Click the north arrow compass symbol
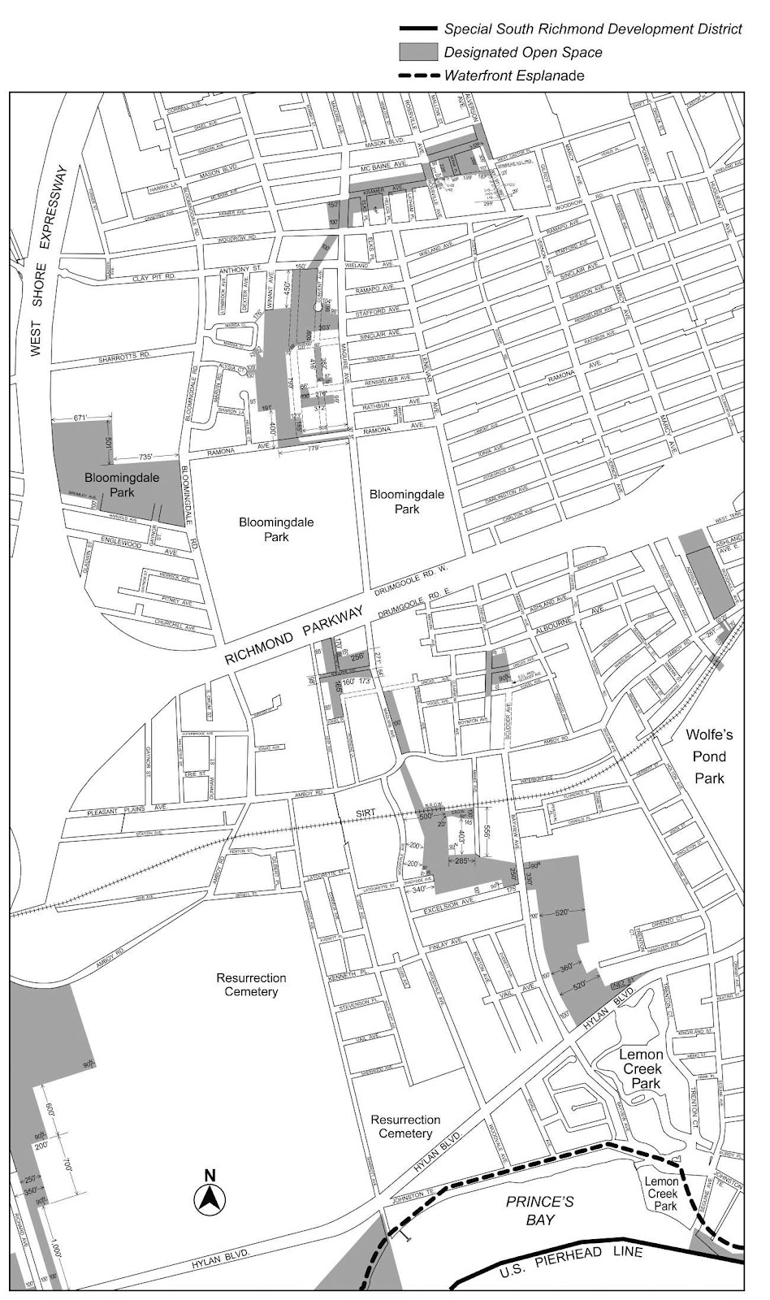coord(210,1198)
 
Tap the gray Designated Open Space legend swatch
coord(417,53)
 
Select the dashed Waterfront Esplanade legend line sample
coord(417,76)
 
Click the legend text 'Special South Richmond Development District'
coord(592,29)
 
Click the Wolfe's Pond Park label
coord(709,756)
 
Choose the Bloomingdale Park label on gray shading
coord(110,484)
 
